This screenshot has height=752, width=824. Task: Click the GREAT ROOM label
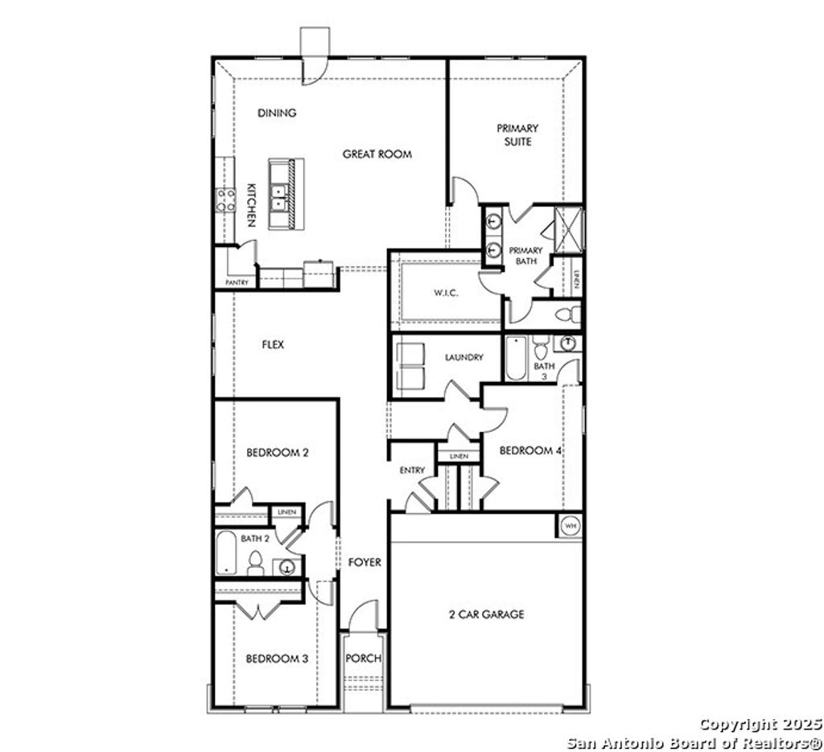(377, 154)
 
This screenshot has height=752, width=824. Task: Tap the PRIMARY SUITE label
(517, 134)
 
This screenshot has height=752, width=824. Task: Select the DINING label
(277, 113)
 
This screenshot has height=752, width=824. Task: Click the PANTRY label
(237, 282)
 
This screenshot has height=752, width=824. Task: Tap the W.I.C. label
(445, 294)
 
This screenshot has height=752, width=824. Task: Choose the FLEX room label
(273, 344)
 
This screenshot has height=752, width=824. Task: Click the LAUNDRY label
(463, 357)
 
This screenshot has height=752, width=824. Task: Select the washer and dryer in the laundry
(411, 366)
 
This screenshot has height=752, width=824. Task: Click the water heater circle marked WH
(570, 525)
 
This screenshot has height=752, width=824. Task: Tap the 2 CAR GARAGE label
(486, 614)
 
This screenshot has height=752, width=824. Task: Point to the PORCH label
(363, 658)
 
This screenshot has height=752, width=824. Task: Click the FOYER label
(364, 562)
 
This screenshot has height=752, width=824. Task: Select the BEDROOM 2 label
(277, 452)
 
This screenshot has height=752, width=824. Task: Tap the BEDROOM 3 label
(277, 658)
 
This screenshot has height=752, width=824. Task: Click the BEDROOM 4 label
(530, 450)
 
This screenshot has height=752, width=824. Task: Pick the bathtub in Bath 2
(226, 553)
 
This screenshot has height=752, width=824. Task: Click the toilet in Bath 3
(540, 347)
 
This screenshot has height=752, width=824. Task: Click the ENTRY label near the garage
(412, 470)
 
